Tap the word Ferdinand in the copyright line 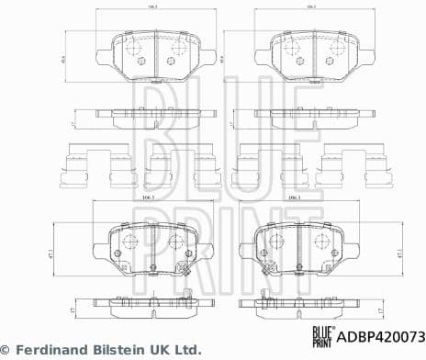point(52,350)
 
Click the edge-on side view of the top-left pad point(151,118)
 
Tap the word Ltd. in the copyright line point(186,350)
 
